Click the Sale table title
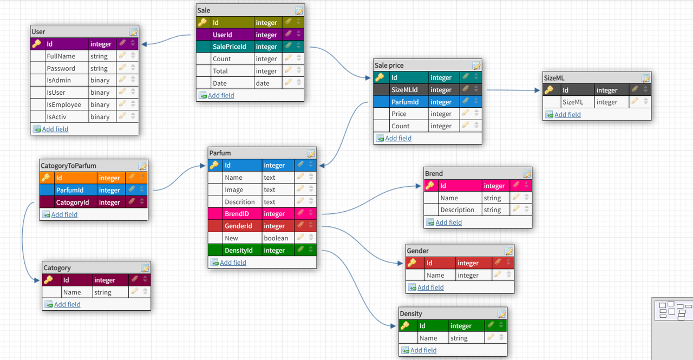[204, 10]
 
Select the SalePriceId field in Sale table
[229, 47]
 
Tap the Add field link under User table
[55, 129]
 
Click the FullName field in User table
[61, 56]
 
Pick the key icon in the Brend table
[430, 186]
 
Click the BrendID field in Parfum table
[237, 214]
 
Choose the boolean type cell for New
[276, 238]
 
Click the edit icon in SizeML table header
[645, 78]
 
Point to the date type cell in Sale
[263, 83]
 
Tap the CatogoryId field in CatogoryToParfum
[72, 202]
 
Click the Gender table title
[417, 251]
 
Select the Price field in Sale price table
[399, 114]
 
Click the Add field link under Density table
[423, 350]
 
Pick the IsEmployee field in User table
[64, 105]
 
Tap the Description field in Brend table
[457, 210]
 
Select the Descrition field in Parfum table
[239, 202]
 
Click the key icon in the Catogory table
[49, 280]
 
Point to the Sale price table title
[389, 66]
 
